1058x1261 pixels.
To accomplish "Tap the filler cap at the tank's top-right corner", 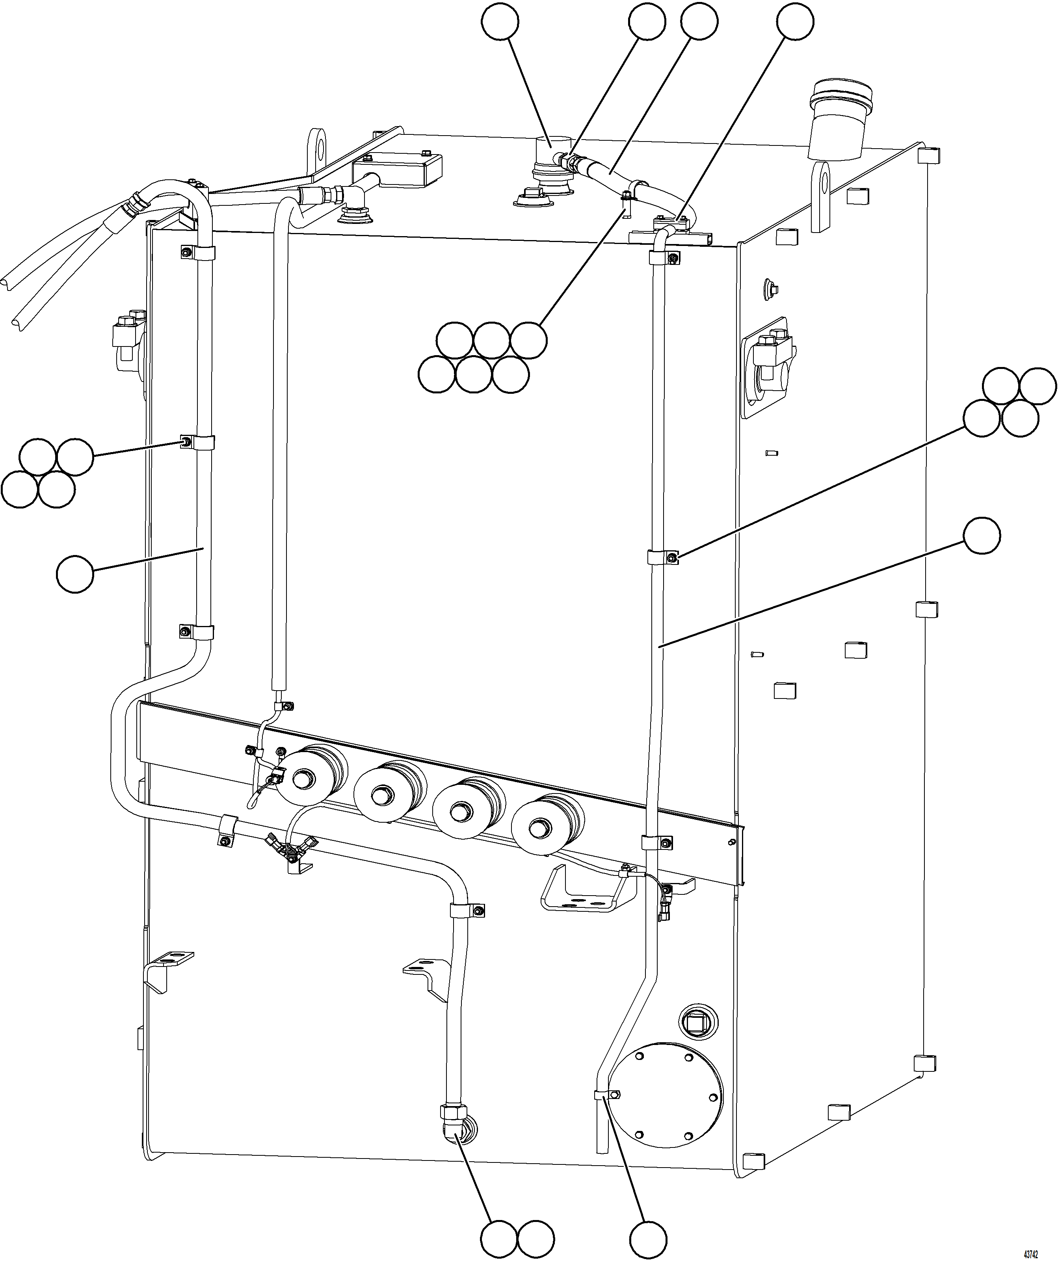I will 840,120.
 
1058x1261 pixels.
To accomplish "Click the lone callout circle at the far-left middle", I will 75,575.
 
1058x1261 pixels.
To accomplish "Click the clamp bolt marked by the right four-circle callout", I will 672,559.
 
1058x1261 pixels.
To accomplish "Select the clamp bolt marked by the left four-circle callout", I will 187,443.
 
